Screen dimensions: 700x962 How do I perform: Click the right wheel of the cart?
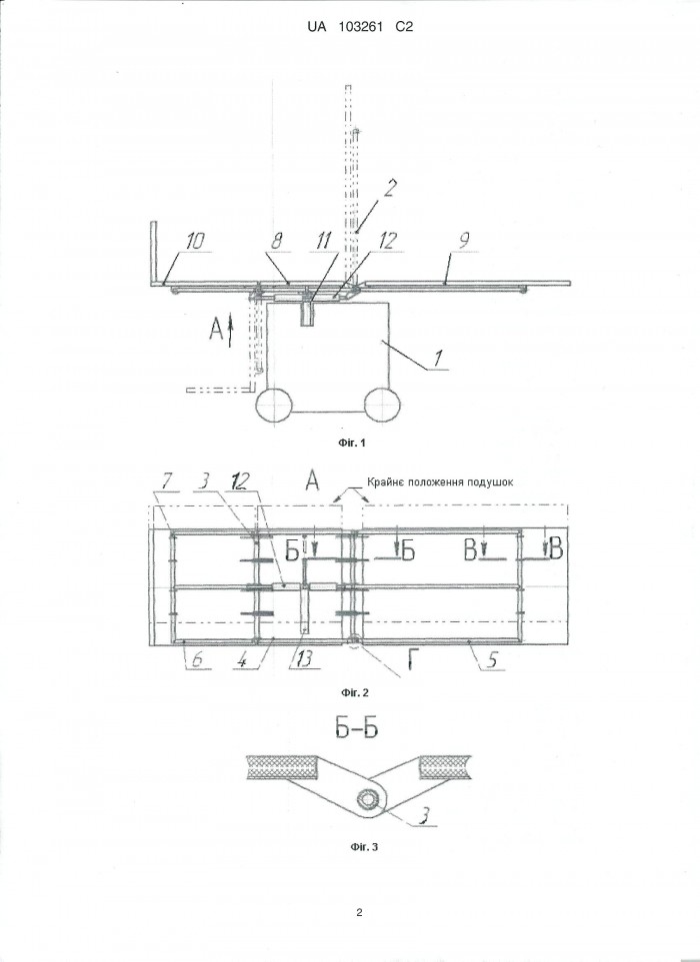pyautogui.click(x=383, y=405)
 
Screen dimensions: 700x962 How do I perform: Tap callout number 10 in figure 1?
pyautogui.click(x=194, y=241)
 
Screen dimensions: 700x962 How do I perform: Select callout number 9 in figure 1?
pyautogui.click(x=465, y=241)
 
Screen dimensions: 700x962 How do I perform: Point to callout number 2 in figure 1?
pyautogui.click(x=389, y=189)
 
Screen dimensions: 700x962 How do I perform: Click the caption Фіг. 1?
pyautogui.click(x=351, y=443)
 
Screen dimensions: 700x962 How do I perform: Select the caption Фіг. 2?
pyautogui.click(x=354, y=692)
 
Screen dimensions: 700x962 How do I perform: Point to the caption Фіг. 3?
pyautogui.click(x=364, y=847)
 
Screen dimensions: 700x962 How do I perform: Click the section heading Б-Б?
pyautogui.click(x=356, y=728)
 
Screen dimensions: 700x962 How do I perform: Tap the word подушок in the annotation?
pyautogui.click(x=489, y=482)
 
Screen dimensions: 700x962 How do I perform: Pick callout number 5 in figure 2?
pyautogui.click(x=492, y=659)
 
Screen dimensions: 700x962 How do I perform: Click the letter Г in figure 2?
pyautogui.click(x=415, y=661)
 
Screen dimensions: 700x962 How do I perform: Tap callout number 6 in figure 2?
pyautogui.click(x=196, y=659)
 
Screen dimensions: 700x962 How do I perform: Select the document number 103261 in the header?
pyautogui.click(x=360, y=26)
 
